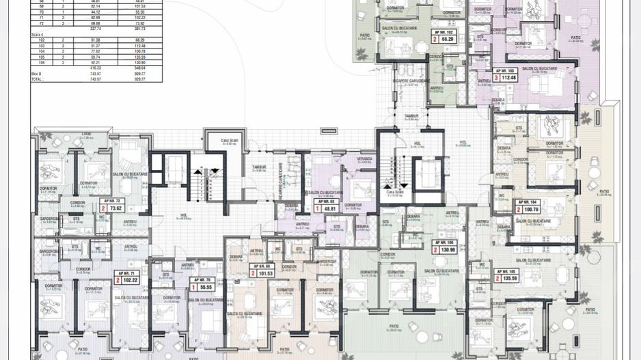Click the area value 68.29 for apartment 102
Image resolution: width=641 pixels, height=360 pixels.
point(448,40)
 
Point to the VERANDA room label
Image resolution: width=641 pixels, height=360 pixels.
point(355,158)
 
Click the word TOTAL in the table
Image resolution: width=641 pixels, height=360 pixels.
point(37,79)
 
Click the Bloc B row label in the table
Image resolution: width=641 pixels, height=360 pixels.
point(38,74)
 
